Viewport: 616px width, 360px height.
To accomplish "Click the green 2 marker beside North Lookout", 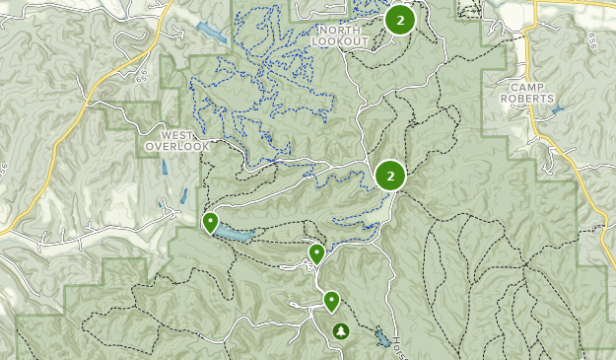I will pyautogui.click(x=399, y=20).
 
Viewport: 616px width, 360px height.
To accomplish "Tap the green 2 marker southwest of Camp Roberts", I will pyautogui.click(x=390, y=176).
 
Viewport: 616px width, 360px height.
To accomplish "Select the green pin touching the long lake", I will pyautogui.click(x=210, y=223).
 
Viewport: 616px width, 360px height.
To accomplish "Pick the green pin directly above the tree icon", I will pyautogui.click(x=331, y=300).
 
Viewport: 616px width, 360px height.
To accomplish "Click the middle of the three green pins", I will pyautogui.click(x=316, y=253).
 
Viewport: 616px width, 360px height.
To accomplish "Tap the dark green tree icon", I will pyautogui.click(x=341, y=331).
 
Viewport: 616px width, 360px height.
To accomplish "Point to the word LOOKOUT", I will pyautogui.click(x=340, y=41).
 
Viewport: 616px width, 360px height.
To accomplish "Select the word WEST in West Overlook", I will pyautogui.click(x=177, y=135).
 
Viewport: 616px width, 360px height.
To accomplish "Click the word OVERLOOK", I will pyautogui.click(x=177, y=147).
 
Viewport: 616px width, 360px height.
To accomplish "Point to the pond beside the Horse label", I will pyautogui.click(x=381, y=339).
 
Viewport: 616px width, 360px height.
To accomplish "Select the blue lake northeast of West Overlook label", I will pyautogui.click(x=211, y=33).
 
